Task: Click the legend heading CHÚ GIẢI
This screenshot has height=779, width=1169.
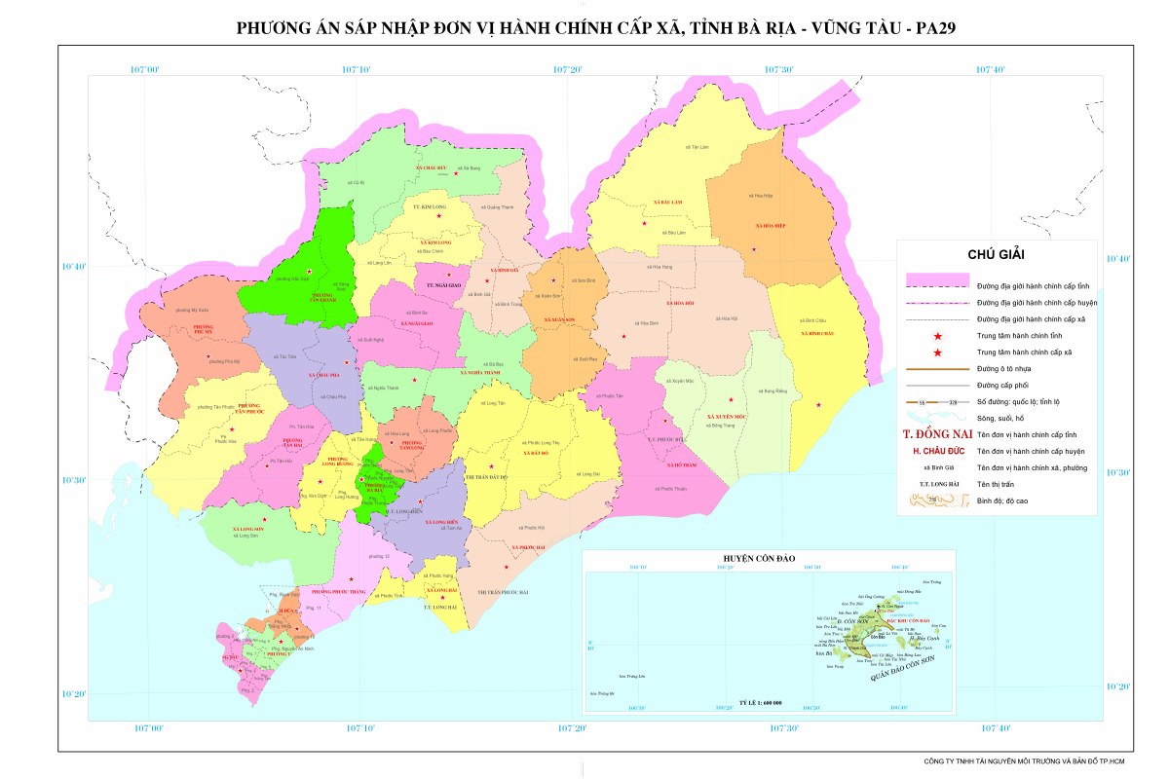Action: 996,254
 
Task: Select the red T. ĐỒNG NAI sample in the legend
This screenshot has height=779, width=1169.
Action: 933,434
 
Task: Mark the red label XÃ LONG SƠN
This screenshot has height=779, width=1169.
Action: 248,529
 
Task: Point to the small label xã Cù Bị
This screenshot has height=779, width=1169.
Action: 358,182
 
